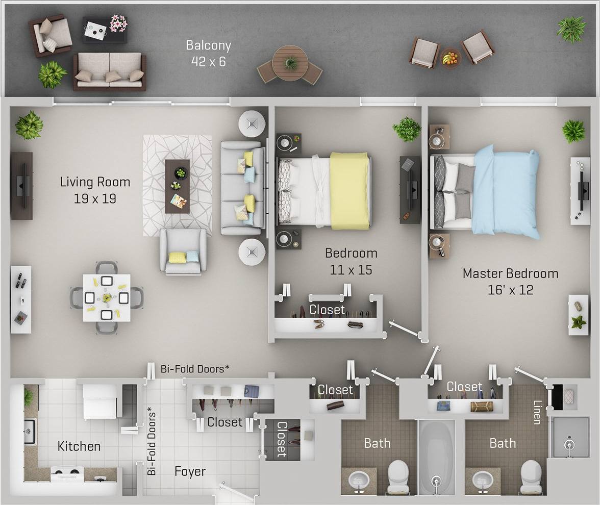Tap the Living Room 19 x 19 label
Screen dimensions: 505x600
pyautogui.click(x=95, y=190)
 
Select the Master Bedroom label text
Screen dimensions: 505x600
pyautogui.click(x=510, y=281)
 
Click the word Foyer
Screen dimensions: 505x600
pyautogui.click(x=190, y=471)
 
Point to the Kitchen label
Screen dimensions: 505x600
pyautogui.click(x=79, y=446)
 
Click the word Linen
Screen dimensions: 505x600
pyautogui.click(x=537, y=412)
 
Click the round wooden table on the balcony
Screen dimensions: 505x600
pyautogui.click(x=289, y=63)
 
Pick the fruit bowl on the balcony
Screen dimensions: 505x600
pyautogui.click(x=449, y=57)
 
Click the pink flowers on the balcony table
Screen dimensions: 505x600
pyautogui.click(x=118, y=23)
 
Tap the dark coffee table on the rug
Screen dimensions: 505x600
pyautogui.click(x=177, y=186)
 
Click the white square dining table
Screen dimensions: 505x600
pyautogui.click(x=107, y=298)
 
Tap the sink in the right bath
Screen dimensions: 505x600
pyautogui.click(x=482, y=479)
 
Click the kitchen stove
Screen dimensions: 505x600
pyautogui.click(x=67, y=474)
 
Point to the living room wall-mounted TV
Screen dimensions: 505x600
pyautogui.click(x=21, y=186)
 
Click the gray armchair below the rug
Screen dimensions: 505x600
pyautogui.click(x=183, y=251)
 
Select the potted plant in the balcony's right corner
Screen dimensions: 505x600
pyautogui.click(x=571, y=29)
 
